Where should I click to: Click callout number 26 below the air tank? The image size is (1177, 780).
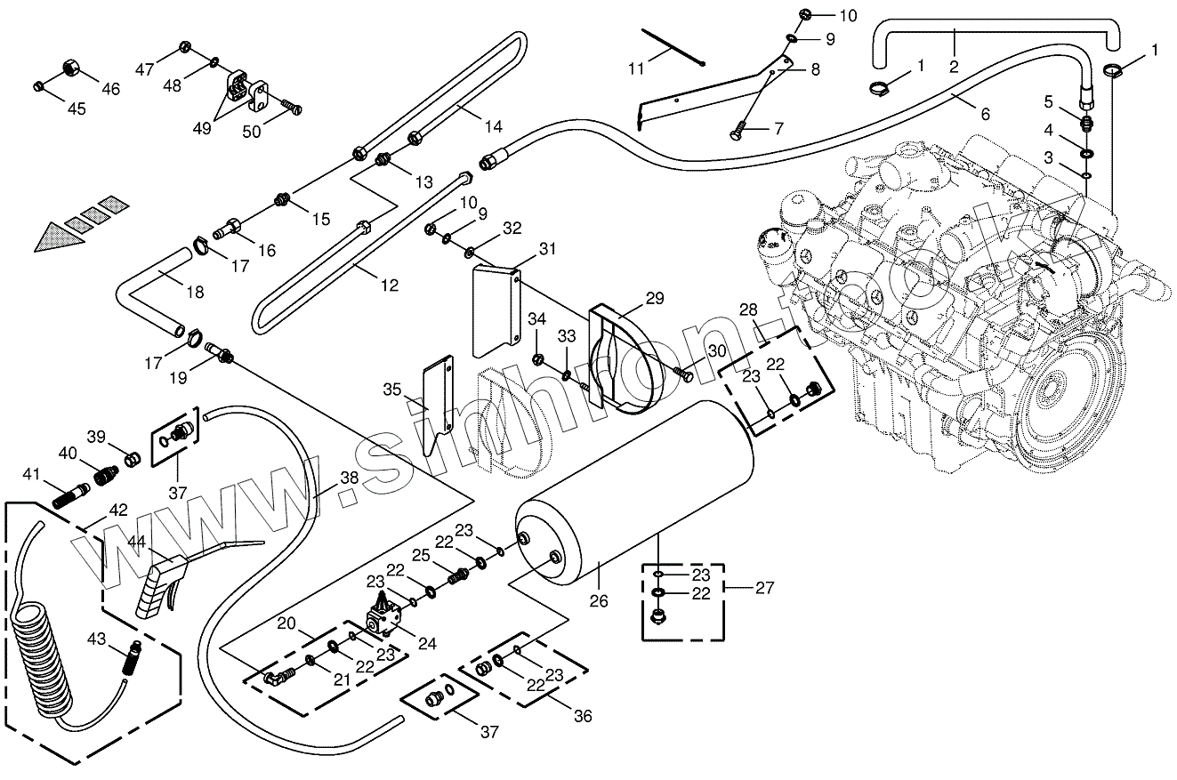point(599,601)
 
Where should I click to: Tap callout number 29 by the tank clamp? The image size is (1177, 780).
point(654,298)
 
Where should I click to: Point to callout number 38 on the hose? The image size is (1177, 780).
point(350,477)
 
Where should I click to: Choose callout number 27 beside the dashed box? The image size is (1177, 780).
point(764,587)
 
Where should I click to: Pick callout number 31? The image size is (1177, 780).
point(545,248)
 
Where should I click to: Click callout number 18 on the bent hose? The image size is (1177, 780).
point(195,293)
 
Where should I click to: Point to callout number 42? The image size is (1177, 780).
point(118,511)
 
